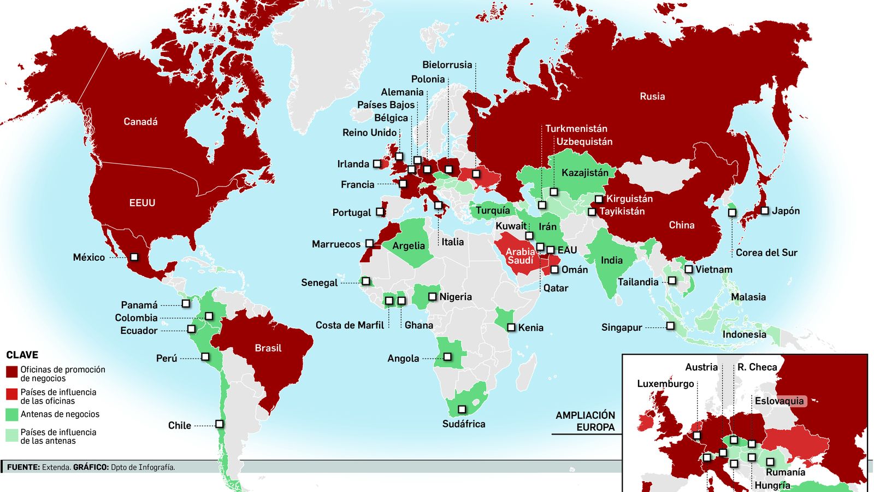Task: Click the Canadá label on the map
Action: point(140,122)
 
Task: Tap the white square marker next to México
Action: point(134,257)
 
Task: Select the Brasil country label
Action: point(268,348)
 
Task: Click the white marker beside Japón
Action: point(765,210)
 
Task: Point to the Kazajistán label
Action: point(584,173)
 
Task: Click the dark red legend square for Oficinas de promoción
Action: point(12,372)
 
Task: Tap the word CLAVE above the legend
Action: point(22,355)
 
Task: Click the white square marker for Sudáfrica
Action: point(462,409)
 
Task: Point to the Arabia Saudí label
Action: point(520,256)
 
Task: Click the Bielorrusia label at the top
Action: point(447,65)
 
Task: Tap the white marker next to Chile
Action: point(219,424)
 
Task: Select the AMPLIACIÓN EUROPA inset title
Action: point(585,421)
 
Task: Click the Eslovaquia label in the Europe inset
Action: point(779,401)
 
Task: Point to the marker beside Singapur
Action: point(670,326)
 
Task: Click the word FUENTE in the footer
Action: point(23,467)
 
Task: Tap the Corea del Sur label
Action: point(766,253)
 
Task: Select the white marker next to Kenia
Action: point(511,327)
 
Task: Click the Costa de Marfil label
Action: point(350,325)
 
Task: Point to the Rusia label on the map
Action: point(652,96)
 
